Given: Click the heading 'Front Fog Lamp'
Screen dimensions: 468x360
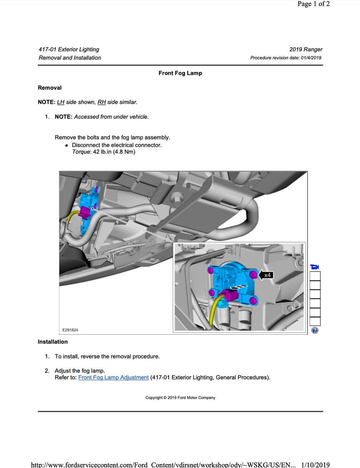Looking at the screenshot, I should tap(180, 73).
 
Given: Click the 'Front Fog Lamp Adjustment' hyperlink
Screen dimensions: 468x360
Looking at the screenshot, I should tap(113, 377).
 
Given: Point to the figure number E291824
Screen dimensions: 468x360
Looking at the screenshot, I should tap(70, 330).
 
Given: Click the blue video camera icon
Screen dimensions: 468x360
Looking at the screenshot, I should tap(315, 267).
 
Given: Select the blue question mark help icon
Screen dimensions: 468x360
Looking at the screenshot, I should tap(315, 331).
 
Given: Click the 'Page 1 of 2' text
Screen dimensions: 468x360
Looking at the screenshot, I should tap(313, 4).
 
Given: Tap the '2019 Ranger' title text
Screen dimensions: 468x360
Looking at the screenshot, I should tap(306, 49).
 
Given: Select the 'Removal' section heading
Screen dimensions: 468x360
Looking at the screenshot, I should tap(49, 88).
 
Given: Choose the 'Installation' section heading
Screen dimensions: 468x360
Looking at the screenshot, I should tap(53, 341).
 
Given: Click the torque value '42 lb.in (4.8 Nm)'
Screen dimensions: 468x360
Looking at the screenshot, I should tap(114, 152).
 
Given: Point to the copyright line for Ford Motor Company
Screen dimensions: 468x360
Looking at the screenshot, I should tap(180, 398).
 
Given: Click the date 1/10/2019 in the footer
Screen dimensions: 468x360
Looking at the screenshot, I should tap(315, 465).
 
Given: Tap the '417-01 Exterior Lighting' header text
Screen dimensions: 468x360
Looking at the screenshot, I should tap(69, 49).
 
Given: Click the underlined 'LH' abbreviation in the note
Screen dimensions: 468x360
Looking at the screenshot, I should tap(61, 102).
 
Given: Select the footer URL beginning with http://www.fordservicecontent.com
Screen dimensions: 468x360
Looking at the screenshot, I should tap(163, 465).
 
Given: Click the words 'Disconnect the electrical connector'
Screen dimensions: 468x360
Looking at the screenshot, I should tap(117, 145).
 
